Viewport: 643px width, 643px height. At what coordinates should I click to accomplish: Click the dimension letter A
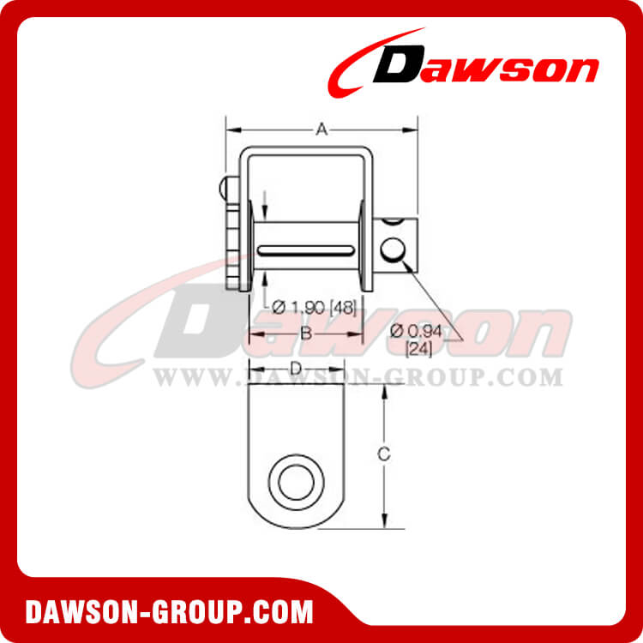coord(321,129)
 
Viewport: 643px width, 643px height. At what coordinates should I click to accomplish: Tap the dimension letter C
coord(385,454)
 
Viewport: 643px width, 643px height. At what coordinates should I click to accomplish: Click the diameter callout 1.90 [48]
coord(314,306)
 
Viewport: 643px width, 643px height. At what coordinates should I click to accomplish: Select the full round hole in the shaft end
coord(394,250)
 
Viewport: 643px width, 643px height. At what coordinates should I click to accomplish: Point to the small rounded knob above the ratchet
coord(224,187)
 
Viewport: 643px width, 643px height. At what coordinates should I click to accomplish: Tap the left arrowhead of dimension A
coord(230,129)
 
